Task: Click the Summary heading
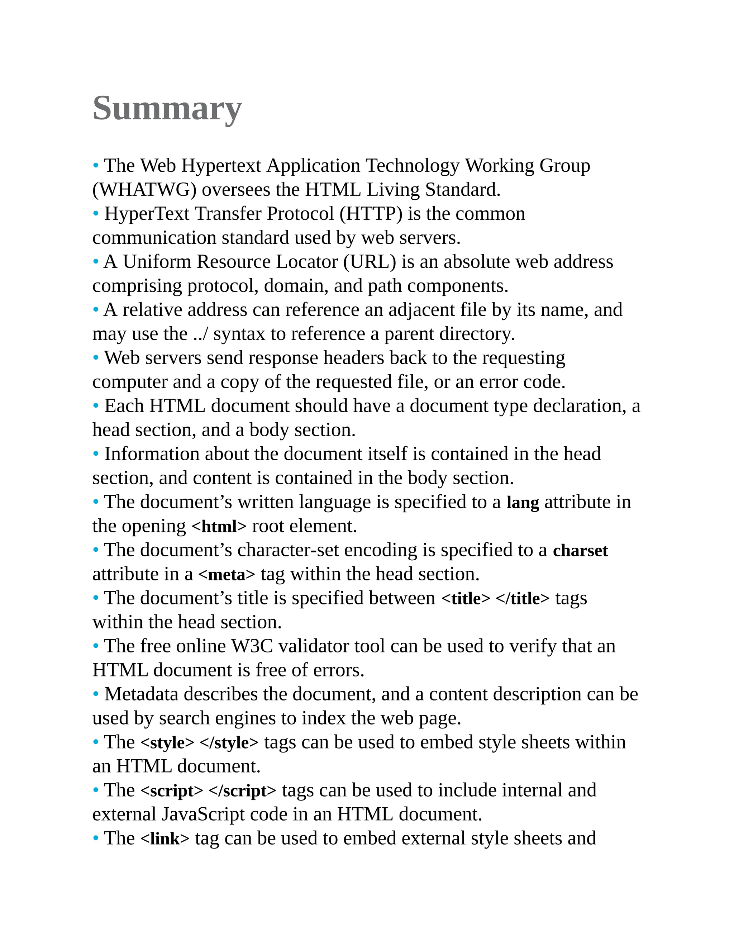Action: [167, 108]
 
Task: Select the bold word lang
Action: [523, 502]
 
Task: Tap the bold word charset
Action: [580, 551]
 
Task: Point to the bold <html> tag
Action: [219, 526]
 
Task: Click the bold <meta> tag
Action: [227, 575]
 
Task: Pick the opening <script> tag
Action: [172, 791]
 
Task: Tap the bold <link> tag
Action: [165, 839]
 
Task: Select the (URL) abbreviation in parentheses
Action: [370, 262]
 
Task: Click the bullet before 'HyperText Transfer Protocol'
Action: [96, 214]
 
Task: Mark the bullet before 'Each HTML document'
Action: [96, 406]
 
